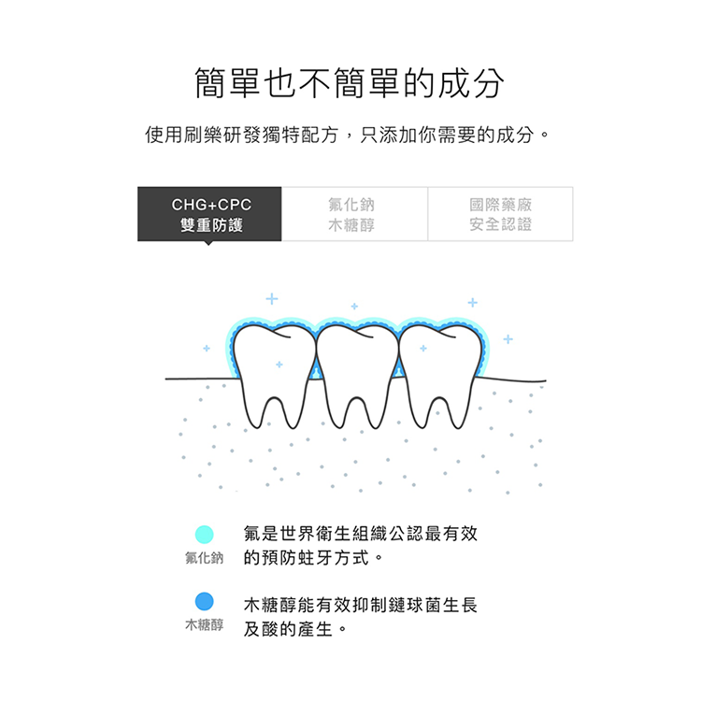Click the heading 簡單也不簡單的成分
click(x=350, y=83)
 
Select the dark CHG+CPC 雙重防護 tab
click(x=209, y=214)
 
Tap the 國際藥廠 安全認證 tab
click(x=500, y=214)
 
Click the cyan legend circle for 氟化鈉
click(x=205, y=535)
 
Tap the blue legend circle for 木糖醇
click(x=205, y=601)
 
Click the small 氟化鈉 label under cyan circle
click(x=205, y=558)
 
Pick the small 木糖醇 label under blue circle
click(x=205, y=624)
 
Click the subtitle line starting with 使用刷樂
click(x=348, y=135)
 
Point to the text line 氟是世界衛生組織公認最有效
click(x=361, y=534)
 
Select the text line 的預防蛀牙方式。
click(x=314, y=558)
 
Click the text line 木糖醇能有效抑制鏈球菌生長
click(x=361, y=606)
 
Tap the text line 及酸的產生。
click(x=295, y=629)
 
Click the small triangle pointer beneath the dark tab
click(x=208, y=243)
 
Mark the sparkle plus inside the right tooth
click(x=423, y=348)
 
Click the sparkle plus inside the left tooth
click(x=279, y=365)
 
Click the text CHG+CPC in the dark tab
click(x=211, y=205)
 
